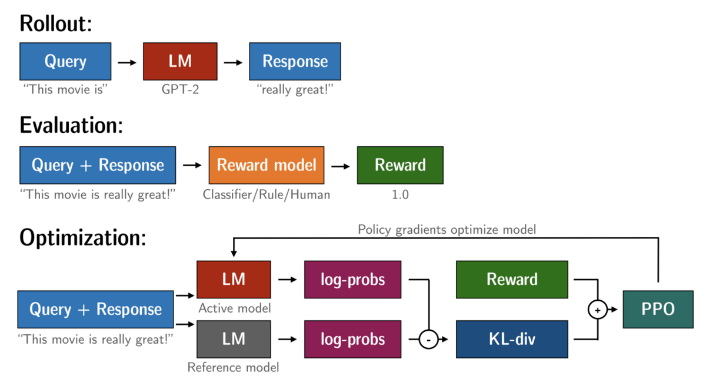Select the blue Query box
(x=65, y=61)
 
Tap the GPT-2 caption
(x=180, y=90)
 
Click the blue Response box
(x=295, y=61)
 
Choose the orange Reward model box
(x=267, y=165)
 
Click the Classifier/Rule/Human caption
(x=267, y=194)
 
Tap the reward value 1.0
(x=400, y=194)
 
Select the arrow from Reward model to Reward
(x=341, y=166)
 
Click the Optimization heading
(x=82, y=237)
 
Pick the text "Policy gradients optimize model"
(x=447, y=230)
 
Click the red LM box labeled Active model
(x=234, y=279)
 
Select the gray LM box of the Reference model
(x=234, y=339)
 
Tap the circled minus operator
(x=428, y=340)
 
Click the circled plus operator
(x=598, y=309)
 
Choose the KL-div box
(x=512, y=339)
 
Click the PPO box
(x=658, y=309)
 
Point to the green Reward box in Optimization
(x=512, y=279)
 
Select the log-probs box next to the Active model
(x=352, y=279)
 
